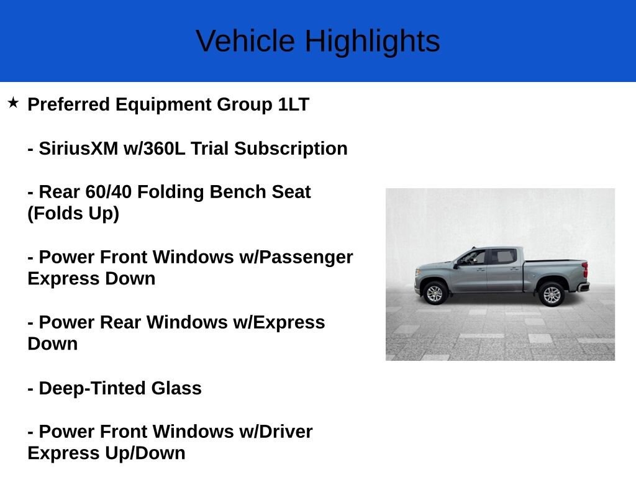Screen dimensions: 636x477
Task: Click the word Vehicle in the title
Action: (x=245, y=41)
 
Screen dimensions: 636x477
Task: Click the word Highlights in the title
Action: (x=373, y=42)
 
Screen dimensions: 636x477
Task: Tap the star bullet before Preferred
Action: (x=13, y=102)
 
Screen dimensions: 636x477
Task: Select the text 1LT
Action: (x=294, y=104)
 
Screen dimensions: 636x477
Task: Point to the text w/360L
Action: (x=155, y=148)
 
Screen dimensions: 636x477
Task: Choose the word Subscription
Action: (x=291, y=149)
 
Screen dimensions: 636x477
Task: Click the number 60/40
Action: (x=108, y=192)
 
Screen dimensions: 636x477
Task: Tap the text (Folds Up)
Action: (x=73, y=214)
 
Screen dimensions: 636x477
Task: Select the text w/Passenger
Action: (x=296, y=258)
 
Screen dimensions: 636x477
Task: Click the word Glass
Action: (x=176, y=388)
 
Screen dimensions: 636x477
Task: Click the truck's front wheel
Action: (x=434, y=293)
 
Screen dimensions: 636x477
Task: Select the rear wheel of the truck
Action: (x=552, y=294)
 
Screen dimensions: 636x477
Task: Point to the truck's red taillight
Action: (x=585, y=270)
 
